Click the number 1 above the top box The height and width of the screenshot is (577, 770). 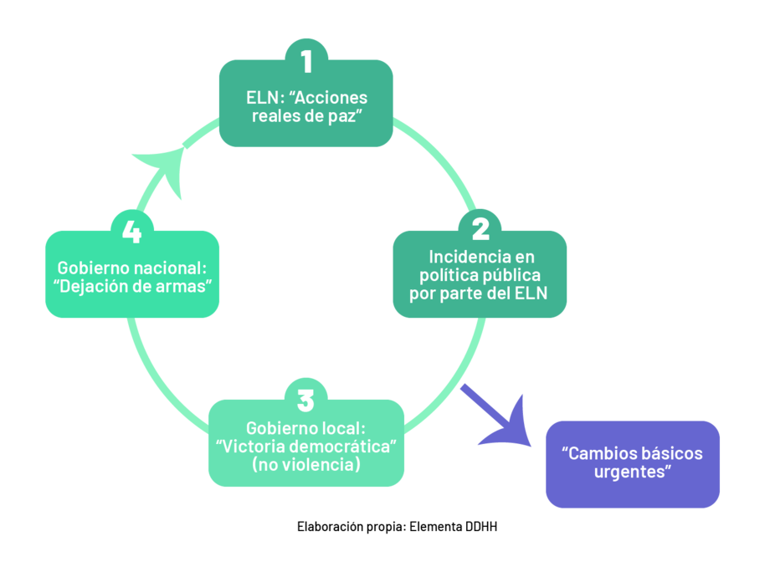coord(305,61)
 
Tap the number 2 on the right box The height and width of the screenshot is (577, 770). coord(480,229)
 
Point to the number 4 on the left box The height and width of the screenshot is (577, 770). coord(131,231)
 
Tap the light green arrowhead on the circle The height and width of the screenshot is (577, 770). coord(166,164)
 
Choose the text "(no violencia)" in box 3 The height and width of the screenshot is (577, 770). coord(306,464)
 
